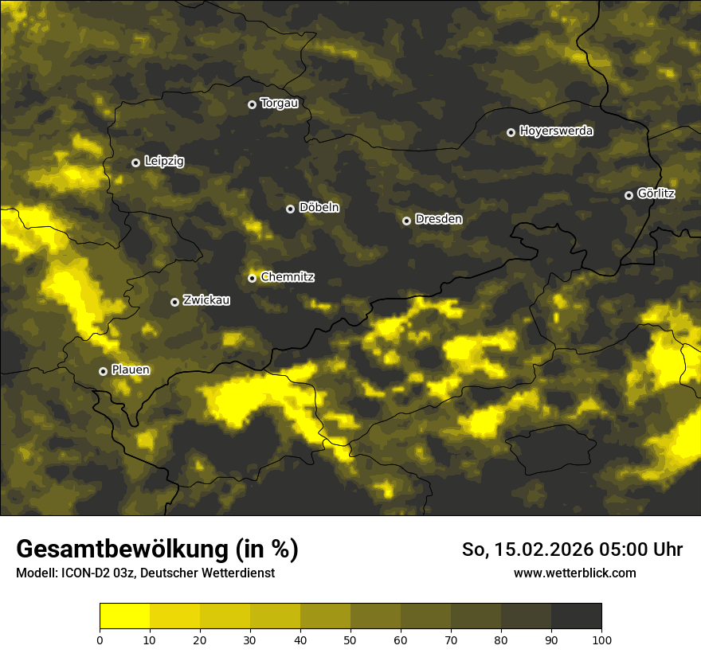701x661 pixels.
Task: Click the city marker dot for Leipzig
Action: pyautogui.click(x=136, y=162)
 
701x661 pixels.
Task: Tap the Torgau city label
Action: pyautogui.click(x=279, y=104)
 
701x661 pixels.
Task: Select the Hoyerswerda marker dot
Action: pyautogui.click(x=511, y=132)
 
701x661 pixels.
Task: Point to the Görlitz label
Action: pyautogui.click(x=656, y=194)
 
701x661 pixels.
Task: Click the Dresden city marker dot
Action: pyautogui.click(x=406, y=221)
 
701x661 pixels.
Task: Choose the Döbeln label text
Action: pyautogui.click(x=319, y=208)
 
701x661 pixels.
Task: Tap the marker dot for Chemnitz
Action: pyautogui.click(x=253, y=278)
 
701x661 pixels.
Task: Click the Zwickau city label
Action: pyautogui.click(x=206, y=301)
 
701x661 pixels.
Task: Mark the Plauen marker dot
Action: pyautogui.click(x=104, y=371)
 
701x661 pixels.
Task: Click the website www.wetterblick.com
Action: pyautogui.click(x=574, y=573)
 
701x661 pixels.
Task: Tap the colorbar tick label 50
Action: pyautogui.click(x=350, y=639)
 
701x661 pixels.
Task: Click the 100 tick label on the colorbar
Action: pyautogui.click(x=601, y=639)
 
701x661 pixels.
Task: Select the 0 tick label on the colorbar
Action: pyautogui.click(x=100, y=639)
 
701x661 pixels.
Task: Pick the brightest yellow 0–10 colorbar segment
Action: pyautogui.click(x=124, y=616)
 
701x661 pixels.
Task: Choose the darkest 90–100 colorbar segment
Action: pyautogui.click(x=576, y=616)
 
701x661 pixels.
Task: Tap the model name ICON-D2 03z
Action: pyautogui.click(x=95, y=573)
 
